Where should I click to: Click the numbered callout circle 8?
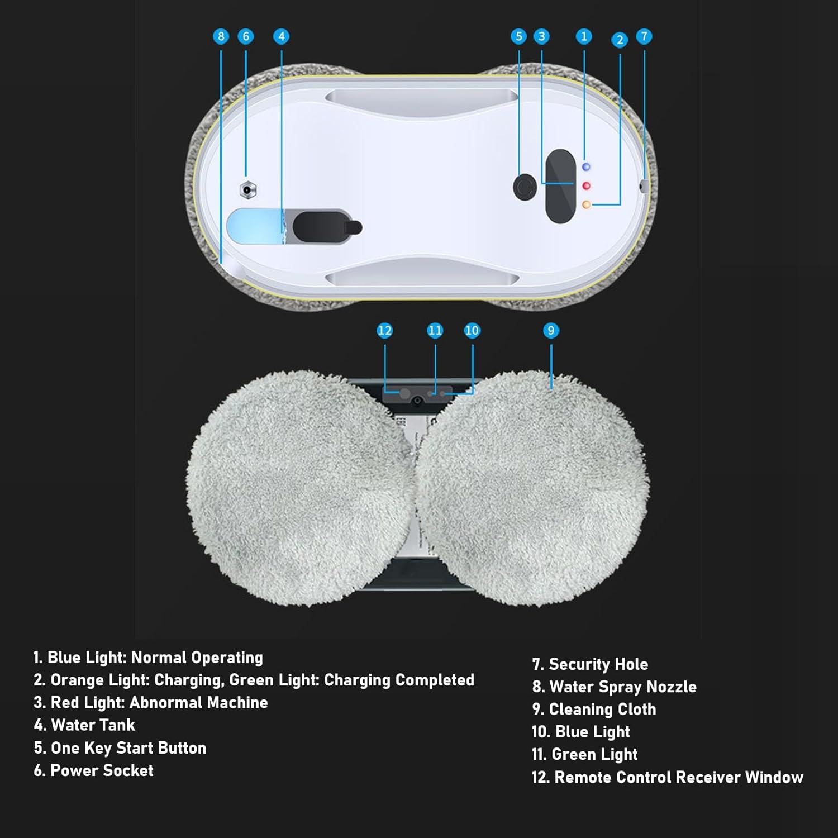(221, 37)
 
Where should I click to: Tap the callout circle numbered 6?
(246, 37)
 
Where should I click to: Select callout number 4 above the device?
(281, 37)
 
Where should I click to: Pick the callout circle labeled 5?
(518, 37)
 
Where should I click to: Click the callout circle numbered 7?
(644, 37)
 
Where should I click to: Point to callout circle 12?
(384, 331)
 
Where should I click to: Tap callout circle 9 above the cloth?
(551, 331)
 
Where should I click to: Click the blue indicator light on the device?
(586, 167)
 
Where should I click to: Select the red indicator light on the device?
(586, 185)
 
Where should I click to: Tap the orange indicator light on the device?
(586, 205)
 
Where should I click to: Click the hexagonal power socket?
(248, 190)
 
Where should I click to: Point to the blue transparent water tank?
(254, 226)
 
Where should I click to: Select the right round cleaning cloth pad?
(534, 489)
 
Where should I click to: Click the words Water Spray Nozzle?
(622, 687)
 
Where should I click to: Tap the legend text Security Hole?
(598, 664)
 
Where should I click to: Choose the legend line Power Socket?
(102, 770)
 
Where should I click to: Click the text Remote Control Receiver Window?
(678, 777)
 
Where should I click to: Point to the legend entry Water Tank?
(93, 725)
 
